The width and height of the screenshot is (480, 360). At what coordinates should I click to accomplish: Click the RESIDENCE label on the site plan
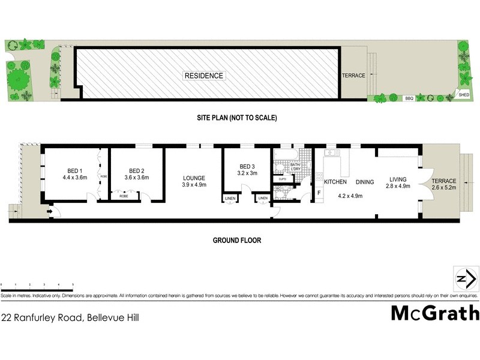[204, 76]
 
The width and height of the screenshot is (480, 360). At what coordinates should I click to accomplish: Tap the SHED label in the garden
[463, 94]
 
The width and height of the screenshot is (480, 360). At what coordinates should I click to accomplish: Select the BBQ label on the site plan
[409, 98]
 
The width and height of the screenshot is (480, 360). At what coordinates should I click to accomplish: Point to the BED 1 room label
[74, 170]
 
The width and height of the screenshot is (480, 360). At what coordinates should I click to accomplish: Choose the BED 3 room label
[248, 166]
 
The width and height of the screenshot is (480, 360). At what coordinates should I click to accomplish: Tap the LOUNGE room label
[194, 178]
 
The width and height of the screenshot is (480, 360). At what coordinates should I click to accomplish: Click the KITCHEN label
[336, 181]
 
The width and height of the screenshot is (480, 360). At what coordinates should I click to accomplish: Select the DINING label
[365, 181]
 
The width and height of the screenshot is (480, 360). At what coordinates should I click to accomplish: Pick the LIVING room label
[398, 178]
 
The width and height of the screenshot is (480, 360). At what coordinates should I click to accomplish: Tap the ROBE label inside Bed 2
[124, 196]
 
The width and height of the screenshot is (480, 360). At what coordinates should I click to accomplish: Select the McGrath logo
[435, 313]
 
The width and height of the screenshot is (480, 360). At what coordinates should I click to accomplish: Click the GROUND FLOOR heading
[237, 240]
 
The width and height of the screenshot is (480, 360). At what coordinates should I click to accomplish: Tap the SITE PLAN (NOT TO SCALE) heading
[237, 118]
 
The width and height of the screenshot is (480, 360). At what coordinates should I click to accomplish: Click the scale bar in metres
[37, 286]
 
